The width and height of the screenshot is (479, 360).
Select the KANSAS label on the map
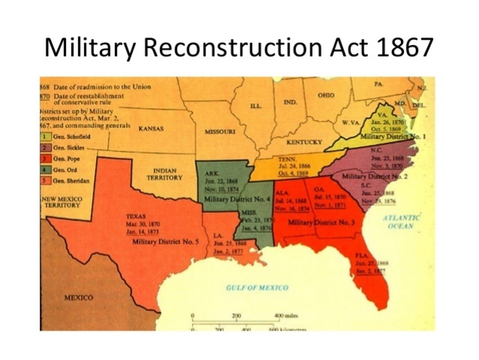point(151,129)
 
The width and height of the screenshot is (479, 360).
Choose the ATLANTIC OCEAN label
point(402,221)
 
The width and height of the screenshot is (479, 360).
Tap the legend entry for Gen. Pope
point(65,158)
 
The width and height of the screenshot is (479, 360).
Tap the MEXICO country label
point(78,297)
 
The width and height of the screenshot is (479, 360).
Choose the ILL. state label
point(256,106)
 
